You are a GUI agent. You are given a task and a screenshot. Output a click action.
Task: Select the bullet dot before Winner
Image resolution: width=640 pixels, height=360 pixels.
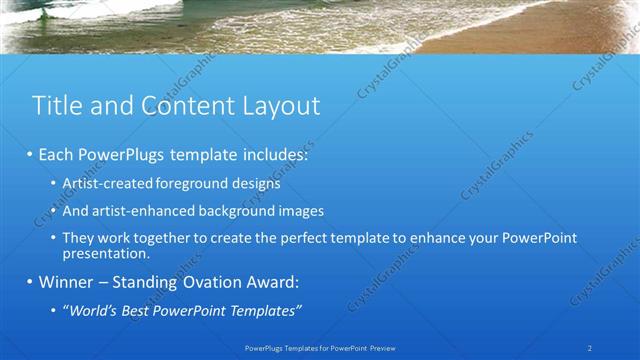pyautogui.click(x=30, y=282)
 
